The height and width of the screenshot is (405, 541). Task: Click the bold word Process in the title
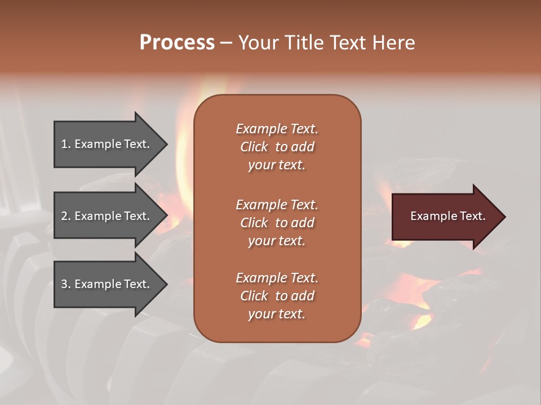(x=177, y=43)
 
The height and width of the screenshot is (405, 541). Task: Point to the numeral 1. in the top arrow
(x=65, y=144)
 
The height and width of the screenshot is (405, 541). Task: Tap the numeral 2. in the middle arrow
(x=65, y=216)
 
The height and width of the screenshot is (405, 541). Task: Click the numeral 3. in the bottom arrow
(x=65, y=284)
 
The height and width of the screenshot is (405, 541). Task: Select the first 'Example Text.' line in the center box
(x=277, y=129)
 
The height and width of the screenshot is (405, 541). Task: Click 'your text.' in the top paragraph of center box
(x=277, y=165)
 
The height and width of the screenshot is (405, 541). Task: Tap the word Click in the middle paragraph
(x=254, y=223)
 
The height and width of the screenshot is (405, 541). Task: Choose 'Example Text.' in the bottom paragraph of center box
(x=277, y=278)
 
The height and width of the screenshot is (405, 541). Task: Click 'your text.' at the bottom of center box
(x=277, y=314)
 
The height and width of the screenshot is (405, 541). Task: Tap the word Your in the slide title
(x=256, y=43)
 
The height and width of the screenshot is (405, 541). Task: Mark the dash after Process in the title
(x=226, y=43)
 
